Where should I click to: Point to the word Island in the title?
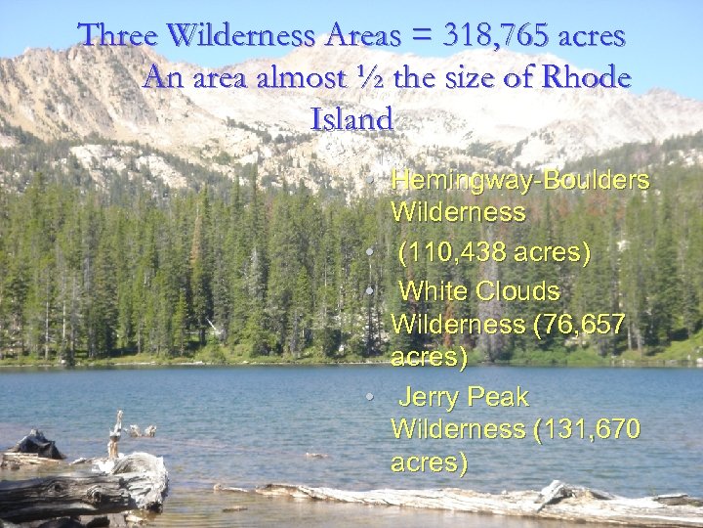click(x=351, y=120)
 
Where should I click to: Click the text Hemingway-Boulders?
click(x=519, y=181)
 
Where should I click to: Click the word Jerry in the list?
click(x=430, y=397)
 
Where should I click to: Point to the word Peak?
click(x=497, y=397)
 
